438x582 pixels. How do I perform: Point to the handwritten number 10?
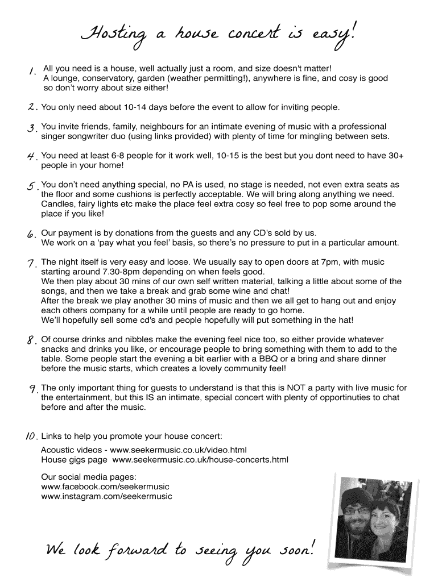(x=31, y=436)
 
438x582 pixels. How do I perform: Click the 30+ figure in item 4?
(x=392, y=155)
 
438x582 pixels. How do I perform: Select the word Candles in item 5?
(x=56, y=204)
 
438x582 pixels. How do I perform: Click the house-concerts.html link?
(x=200, y=459)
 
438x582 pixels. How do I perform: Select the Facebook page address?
(x=105, y=487)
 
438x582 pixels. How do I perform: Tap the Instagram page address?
(x=106, y=496)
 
